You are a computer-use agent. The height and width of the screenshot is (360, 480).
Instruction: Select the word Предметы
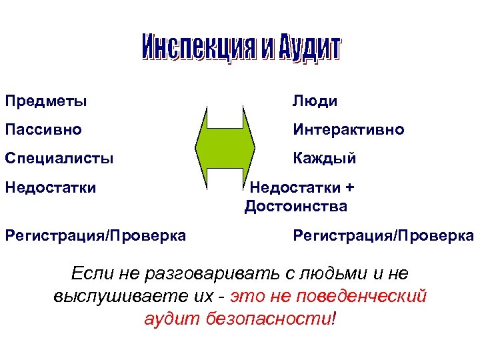pyautogui.click(x=46, y=101)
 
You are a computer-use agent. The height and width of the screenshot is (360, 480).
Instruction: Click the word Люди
pyautogui.click(x=315, y=101)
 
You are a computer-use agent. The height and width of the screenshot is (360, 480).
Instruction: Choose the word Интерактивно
pyautogui.click(x=348, y=129)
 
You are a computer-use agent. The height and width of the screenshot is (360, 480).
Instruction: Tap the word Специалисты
pyautogui.click(x=59, y=159)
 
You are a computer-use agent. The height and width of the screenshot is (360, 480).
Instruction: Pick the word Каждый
pyautogui.click(x=324, y=159)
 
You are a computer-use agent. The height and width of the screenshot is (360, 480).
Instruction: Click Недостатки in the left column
pyautogui.click(x=51, y=187)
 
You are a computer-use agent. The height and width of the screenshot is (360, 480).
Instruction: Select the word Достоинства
pyautogui.click(x=296, y=207)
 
